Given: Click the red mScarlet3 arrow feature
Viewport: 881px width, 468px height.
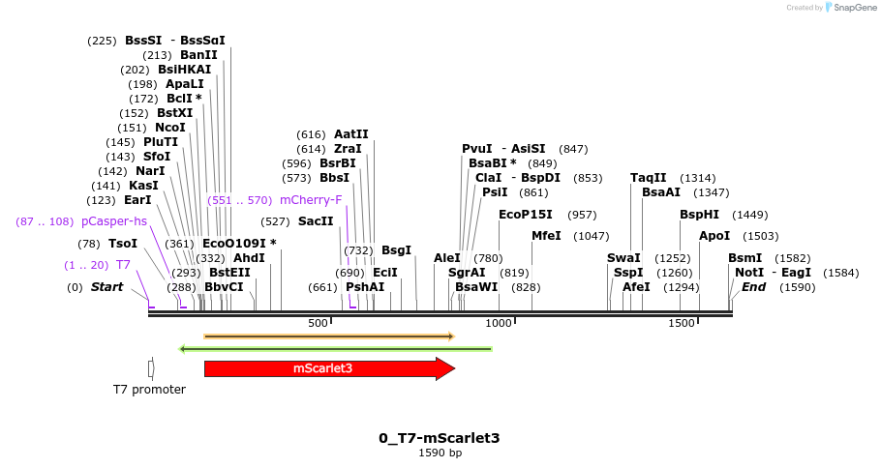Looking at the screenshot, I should (324, 368).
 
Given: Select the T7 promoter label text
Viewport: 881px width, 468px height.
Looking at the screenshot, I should (149, 390).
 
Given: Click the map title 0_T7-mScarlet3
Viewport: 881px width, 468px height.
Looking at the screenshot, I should (440, 438).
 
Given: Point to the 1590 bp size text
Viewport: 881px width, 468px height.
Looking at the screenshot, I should (440, 453).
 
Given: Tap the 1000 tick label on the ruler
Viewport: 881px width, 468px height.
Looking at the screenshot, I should (499, 323).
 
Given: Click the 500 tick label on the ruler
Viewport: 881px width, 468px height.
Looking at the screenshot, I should (319, 323).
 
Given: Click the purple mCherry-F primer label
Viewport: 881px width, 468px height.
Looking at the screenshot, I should (311, 200).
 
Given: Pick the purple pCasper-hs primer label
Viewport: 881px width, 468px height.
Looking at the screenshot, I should (114, 221).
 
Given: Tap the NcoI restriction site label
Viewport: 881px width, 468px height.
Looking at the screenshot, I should (170, 128).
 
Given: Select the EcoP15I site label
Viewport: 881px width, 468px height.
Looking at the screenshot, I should (526, 215).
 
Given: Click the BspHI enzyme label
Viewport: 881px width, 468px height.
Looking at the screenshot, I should (699, 215).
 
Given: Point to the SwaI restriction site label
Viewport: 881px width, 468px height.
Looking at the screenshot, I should (623, 258).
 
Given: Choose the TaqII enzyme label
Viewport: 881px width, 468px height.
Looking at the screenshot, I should (648, 178).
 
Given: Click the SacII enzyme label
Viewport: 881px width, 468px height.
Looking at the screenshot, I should (316, 221).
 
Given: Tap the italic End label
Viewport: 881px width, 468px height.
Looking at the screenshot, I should (754, 287).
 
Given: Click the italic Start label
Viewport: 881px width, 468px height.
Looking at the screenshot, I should (106, 287).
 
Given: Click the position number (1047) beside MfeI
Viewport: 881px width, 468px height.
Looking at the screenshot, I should (591, 236).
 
